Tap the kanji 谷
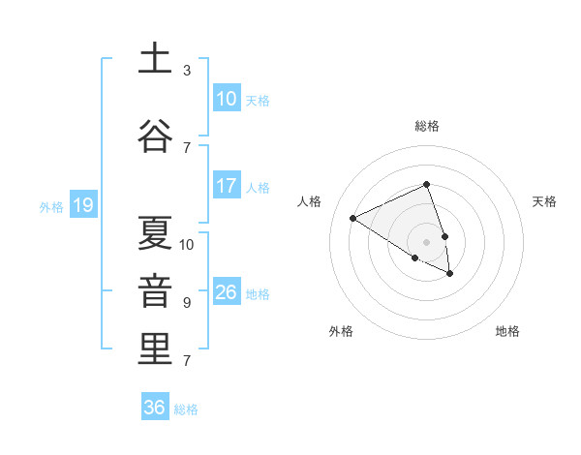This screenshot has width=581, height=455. click(x=156, y=135)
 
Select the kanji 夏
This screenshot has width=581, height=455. click(x=156, y=233)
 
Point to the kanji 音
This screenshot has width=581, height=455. click(x=156, y=291)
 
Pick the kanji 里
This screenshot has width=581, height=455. click(x=156, y=349)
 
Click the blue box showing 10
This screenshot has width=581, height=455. click(x=226, y=99)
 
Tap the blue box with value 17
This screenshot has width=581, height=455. click(x=226, y=186)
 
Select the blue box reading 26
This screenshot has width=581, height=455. click(x=226, y=292)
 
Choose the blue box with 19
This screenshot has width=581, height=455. click(x=82, y=205)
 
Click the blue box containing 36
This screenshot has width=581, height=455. click(x=154, y=408)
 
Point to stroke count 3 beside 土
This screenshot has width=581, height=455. click(x=187, y=71)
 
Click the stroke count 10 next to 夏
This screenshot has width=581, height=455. click(x=187, y=244)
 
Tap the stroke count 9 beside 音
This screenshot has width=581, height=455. click(x=187, y=303)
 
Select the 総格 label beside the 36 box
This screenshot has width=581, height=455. click(x=186, y=409)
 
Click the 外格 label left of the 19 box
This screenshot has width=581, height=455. click(x=51, y=206)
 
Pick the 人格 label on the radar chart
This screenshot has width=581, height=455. click(x=310, y=201)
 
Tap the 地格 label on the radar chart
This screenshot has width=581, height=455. click(x=507, y=331)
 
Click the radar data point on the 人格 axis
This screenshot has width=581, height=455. click(x=353, y=218)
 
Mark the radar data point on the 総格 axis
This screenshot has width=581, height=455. click(x=426, y=184)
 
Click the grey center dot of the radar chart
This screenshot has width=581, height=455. click(x=426, y=241)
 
